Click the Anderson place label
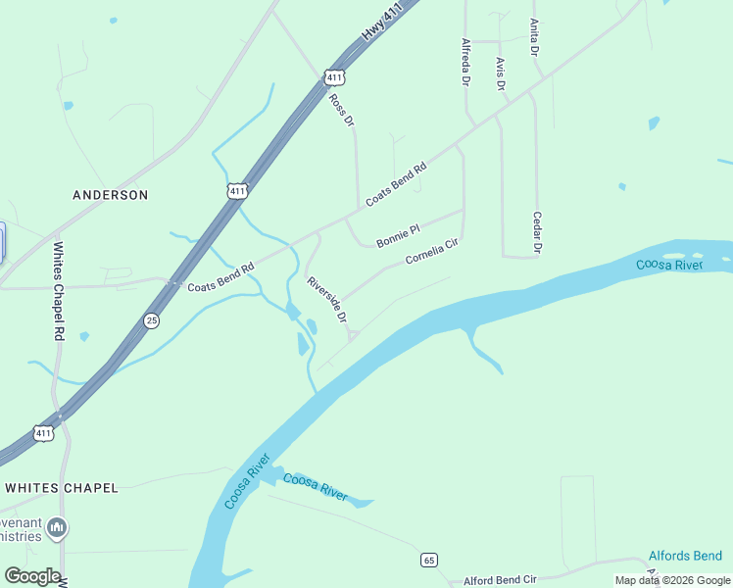coord(111,195)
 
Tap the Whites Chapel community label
coord(62,487)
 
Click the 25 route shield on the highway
coord(151,319)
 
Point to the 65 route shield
coord(428,560)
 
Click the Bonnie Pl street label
coord(398,235)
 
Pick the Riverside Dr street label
coord(327,300)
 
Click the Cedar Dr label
coord(537,233)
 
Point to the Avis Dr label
coord(500,73)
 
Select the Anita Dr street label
coord(534,36)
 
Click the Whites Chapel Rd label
coord(58,291)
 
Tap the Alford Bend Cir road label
coord(501,580)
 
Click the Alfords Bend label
coord(685,556)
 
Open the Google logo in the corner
coord(32,576)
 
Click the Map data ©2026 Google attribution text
coord(672,580)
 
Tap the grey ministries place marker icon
coord(57,529)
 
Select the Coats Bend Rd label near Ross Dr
coord(397,184)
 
